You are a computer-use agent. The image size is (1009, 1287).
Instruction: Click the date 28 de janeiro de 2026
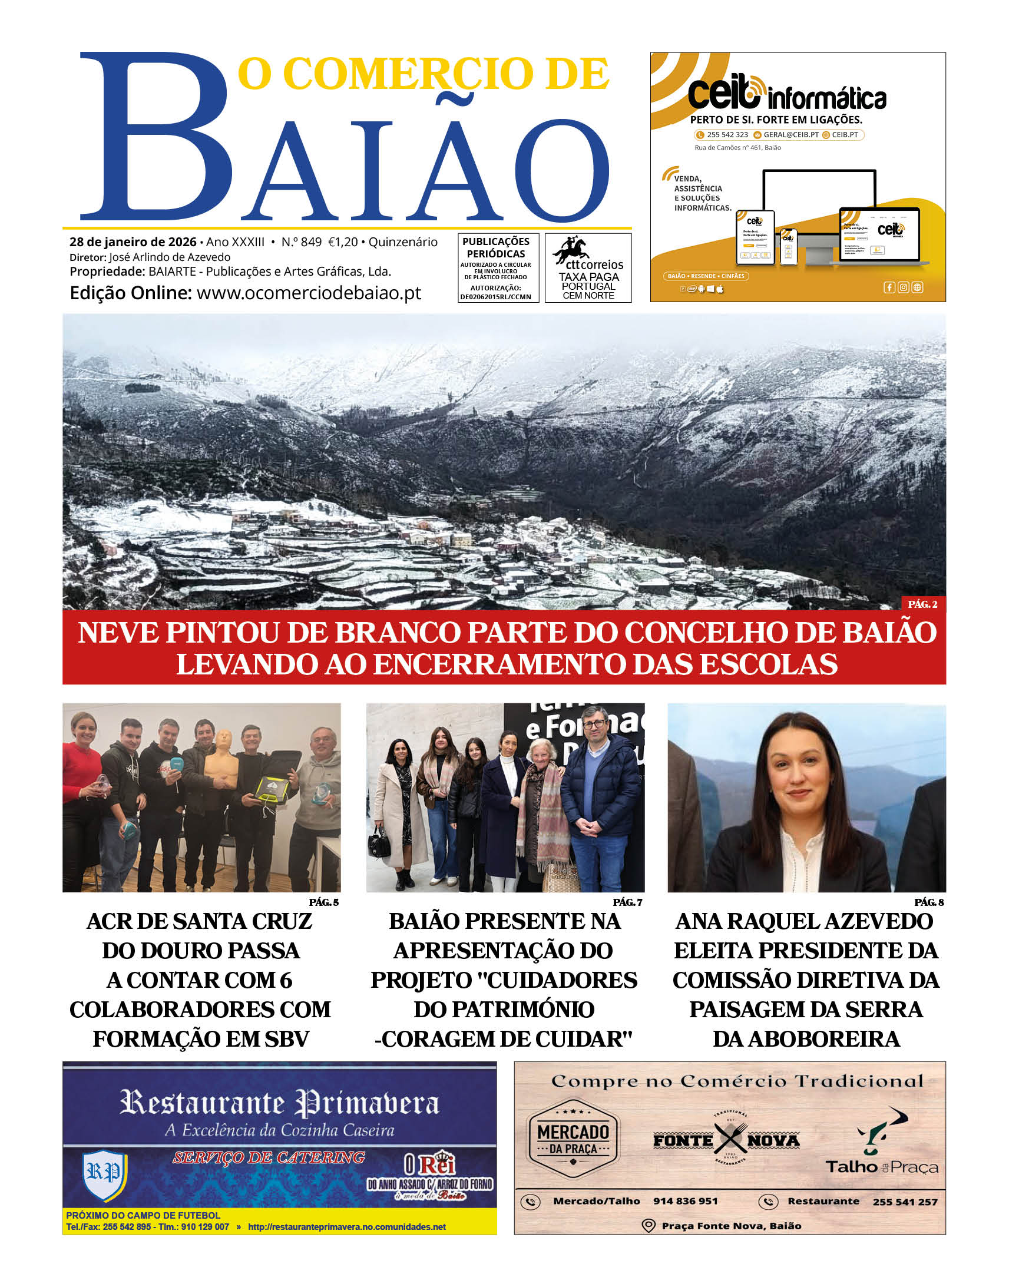click(133, 241)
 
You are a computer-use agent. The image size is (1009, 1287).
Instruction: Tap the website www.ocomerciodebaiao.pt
click(309, 293)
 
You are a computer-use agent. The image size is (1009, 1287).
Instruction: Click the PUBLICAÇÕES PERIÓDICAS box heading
click(495, 247)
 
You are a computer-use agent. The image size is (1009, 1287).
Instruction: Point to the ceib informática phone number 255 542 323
click(727, 135)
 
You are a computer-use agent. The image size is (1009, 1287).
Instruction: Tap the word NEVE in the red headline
click(119, 633)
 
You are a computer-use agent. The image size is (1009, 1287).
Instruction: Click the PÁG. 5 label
click(324, 902)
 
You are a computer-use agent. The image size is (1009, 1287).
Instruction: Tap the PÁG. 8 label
click(929, 902)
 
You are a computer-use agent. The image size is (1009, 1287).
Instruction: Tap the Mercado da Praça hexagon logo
click(573, 1139)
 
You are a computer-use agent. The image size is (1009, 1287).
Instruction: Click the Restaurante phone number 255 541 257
click(904, 1202)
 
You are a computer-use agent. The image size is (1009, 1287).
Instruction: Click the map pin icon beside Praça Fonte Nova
click(648, 1226)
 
